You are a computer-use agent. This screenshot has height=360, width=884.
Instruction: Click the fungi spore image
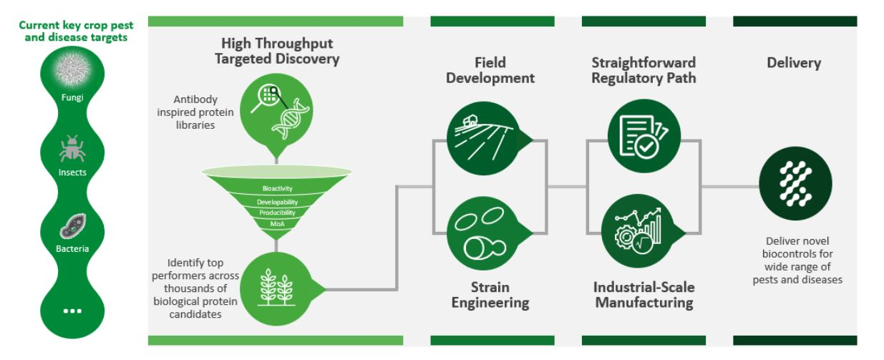pos(72,69)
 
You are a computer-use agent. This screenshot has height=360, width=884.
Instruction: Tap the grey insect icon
pos(72,148)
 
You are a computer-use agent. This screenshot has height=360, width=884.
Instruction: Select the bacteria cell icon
pos(72,226)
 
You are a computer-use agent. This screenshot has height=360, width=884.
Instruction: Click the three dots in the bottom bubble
pos(72,311)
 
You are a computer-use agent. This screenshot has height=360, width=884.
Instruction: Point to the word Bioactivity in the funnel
pos(278,188)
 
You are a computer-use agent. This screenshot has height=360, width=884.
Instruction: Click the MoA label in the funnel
pos(278,224)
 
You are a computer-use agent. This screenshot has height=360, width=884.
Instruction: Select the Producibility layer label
pos(278,213)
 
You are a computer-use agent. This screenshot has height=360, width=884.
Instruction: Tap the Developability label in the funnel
pos(278,202)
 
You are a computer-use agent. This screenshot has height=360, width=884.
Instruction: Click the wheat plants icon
pos(276,288)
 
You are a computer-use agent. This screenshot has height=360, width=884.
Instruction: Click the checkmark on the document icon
pos(646,147)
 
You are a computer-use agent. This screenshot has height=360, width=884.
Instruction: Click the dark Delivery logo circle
pos(796,183)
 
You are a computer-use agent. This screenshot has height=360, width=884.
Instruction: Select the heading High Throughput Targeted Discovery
pos(277,51)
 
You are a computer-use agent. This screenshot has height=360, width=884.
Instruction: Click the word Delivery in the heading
pos(794,63)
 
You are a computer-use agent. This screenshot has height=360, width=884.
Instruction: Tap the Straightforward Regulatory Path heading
pos(643,70)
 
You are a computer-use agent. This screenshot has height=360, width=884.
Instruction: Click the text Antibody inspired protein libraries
pos(195,112)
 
